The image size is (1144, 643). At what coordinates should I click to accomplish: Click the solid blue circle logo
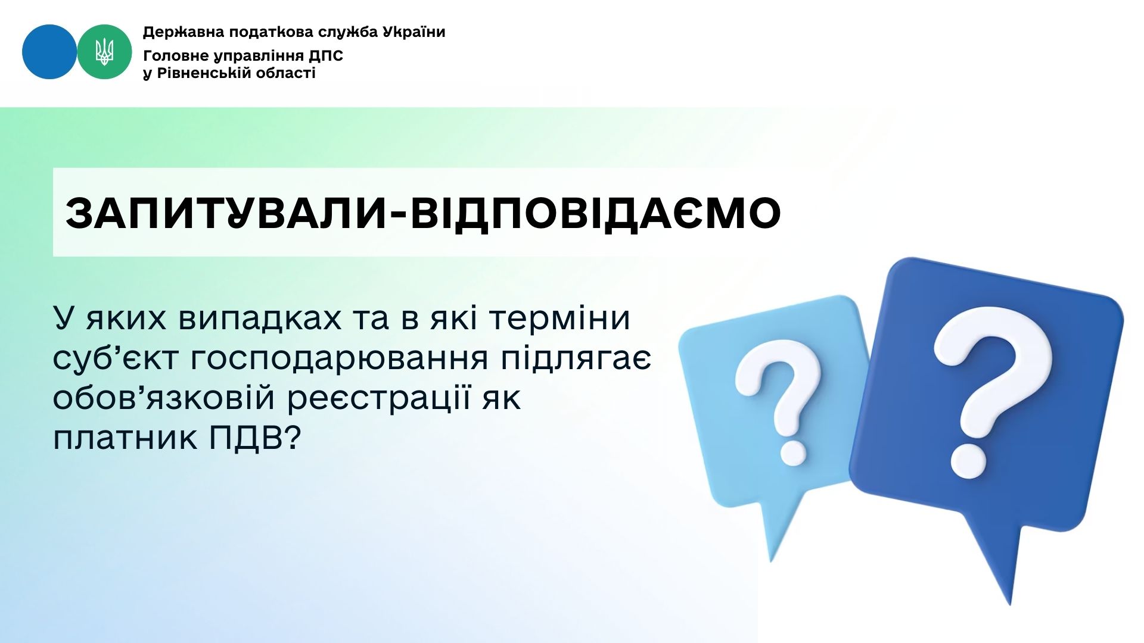49,52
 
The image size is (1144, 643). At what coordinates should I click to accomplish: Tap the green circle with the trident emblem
104,52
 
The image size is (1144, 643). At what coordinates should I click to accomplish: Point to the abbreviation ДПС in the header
326,56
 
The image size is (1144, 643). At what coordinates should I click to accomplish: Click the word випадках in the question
259,319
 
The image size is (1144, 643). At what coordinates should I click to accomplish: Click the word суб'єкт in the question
116,358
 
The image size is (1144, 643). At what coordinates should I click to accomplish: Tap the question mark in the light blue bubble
778,405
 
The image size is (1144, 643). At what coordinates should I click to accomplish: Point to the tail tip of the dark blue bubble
1011,605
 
